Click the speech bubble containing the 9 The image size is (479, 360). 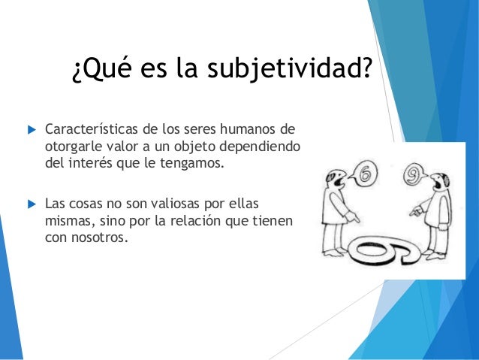pos(412,175)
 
